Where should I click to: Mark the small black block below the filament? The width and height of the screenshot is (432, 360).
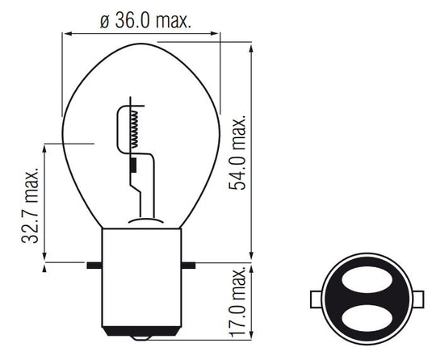[132, 165]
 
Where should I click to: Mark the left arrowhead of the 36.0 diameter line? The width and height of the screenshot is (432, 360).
[66, 33]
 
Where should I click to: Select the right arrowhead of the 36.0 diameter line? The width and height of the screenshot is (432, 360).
[217, 33]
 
